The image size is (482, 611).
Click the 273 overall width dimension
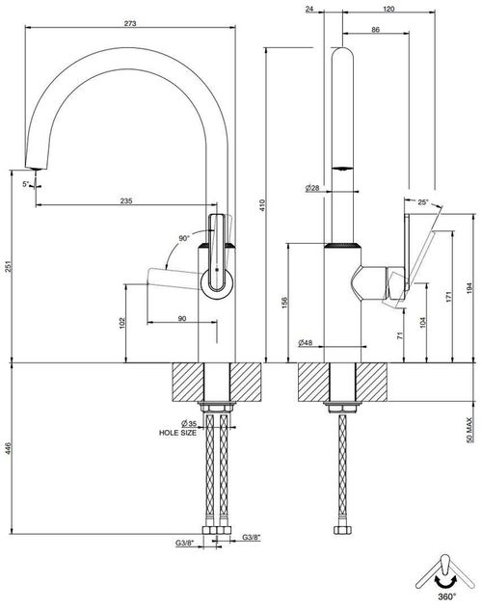(x=130, y=23)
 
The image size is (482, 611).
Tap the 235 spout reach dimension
(x=126, y=201)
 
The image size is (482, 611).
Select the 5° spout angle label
(x=26, y=184)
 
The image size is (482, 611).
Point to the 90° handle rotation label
(x=184, y=238)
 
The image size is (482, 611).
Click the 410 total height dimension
(x=262, y=205)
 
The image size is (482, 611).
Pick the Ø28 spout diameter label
(x=312, y=188)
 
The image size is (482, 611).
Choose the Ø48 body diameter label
(x=306, y=343)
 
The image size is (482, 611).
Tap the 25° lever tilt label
(x=423, y=202)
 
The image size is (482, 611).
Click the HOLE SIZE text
(x=177, y=433)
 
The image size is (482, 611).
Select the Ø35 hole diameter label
(x=189, y=423)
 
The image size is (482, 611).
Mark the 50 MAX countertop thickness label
(x=469, y=430)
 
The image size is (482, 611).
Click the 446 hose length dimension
(x=9, y=448)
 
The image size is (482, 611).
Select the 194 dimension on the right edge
(x=469, y=288)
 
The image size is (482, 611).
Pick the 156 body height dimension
(x=283, y=304)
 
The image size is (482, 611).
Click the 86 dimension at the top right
(x=376, y=30)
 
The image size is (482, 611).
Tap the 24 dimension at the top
(x=309, y=9)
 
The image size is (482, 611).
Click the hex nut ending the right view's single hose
(x=342, y=530)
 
